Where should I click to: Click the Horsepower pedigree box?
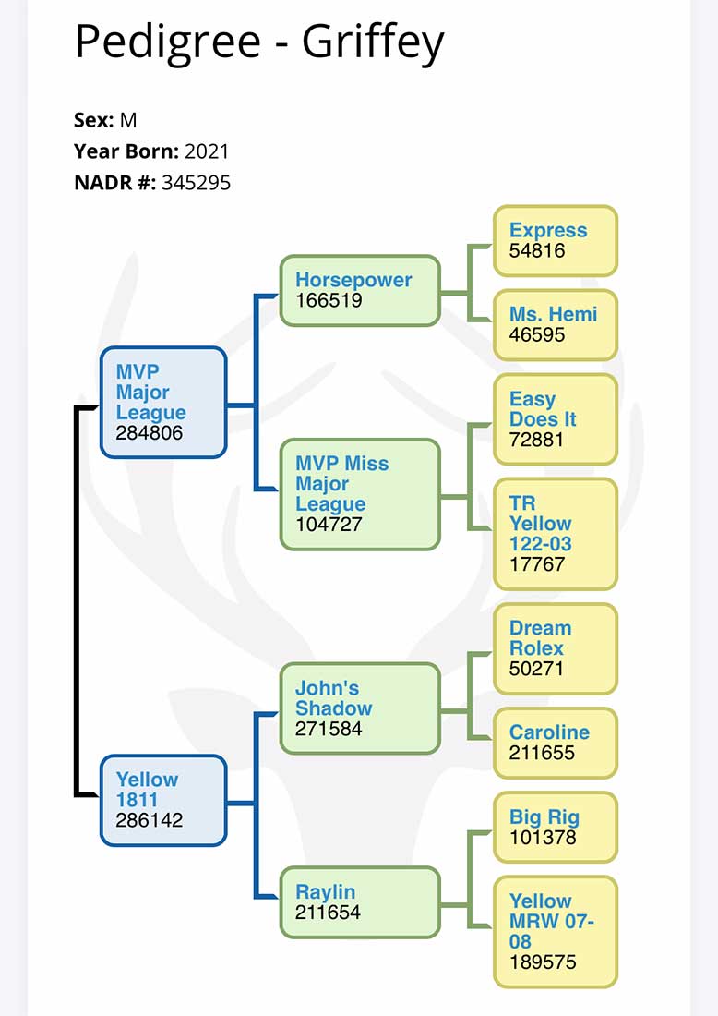(x=359, y=290)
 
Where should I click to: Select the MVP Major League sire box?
(x=163, y=402)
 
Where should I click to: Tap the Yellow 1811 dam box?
(x=163, y=800)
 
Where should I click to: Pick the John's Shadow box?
(x=359, y=708)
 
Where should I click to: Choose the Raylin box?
(x=359, y=901)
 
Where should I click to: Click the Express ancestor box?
(x=555, y=240)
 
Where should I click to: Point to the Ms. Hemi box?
(x=555, y=323)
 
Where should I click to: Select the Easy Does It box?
(x=555, y=419)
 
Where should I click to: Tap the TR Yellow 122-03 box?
(x=555, y=533)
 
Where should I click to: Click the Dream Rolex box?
(x=555, y=648)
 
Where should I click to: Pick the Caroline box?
(x=555, y=743)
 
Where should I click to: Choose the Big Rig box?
(x=555, y=827)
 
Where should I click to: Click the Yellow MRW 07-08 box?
(x=555, y=931)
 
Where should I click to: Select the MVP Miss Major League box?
(x=359, y=494)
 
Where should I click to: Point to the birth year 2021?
(x=207, y=151)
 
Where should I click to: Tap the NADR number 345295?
(x=196, y=183)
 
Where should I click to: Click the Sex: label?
(x=94, y=120)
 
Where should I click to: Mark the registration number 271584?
(x=329, y=729)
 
